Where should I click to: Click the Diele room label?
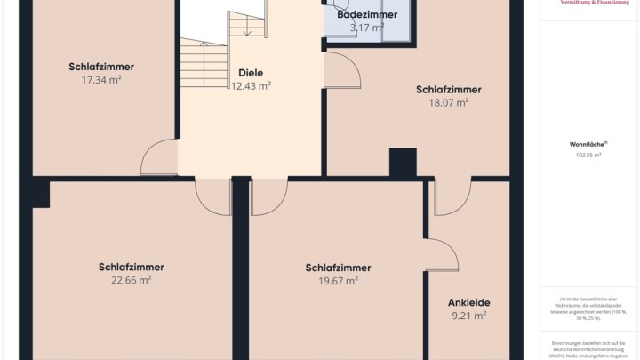click(x=251, y=73)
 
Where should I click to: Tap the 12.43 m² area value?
click(x=251, y=86)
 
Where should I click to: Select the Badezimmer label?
click(x=366, y=15)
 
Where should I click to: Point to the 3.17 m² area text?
click(x=366, y=28)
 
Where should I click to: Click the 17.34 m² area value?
click(x=100, y=79)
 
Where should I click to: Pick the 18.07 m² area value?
click(x=448, y=102)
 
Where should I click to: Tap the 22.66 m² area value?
click(x=131, y=280)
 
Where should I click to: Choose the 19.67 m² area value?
click(x=338, y=281)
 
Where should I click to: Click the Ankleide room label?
click(x=468, y=302)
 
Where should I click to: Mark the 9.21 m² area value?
click(x=468, y=316)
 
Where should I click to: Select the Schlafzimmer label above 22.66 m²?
click(x=131, y=267)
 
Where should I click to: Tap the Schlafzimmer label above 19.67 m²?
click(x=338, y=268)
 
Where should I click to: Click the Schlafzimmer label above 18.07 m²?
click(x=448, y=89)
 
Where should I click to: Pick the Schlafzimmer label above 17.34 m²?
click(x=100, y=66)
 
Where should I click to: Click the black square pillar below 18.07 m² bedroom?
click(x=403, y=164)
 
